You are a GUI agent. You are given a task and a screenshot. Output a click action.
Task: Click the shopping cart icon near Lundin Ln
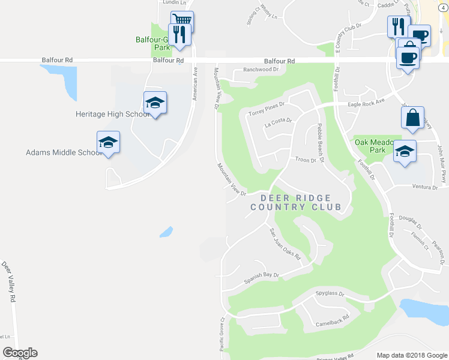tap(182, 20)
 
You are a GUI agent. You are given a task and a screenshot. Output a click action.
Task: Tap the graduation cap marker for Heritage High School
tap(155, 103)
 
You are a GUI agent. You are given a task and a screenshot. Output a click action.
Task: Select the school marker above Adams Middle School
tap(109, 142)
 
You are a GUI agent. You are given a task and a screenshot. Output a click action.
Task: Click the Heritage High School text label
tap(113, 114)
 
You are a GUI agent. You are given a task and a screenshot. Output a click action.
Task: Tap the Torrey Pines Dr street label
tap(266, 108)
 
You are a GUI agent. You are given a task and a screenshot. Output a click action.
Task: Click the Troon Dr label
tap(306, 160)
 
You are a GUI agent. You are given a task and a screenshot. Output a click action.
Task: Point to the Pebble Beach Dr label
tap(321, 143)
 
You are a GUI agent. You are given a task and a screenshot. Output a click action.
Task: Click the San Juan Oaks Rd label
tap(283, 244)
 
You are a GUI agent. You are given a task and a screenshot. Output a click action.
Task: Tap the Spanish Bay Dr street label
tap(262, 278)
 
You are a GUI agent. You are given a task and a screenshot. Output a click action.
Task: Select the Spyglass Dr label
tap(330, 294)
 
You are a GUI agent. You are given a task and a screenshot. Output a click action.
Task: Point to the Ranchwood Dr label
tap(261, 70)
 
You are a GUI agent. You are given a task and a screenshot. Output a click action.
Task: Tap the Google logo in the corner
tap(20, 353)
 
